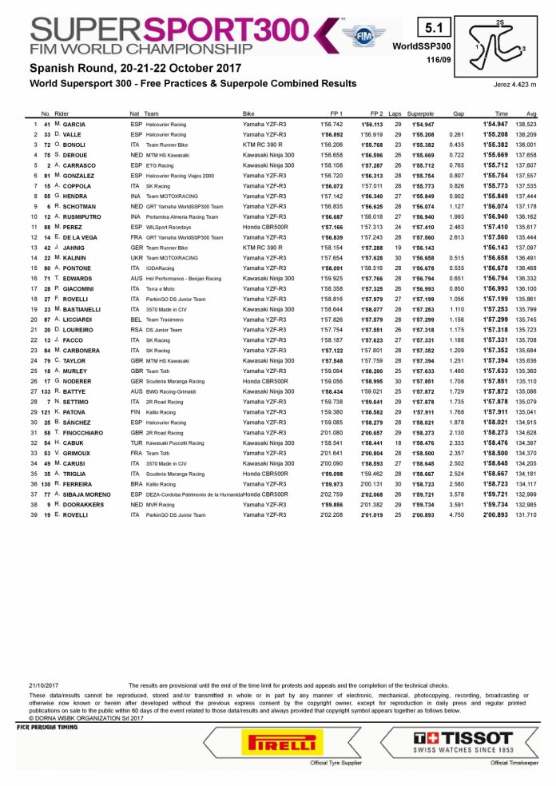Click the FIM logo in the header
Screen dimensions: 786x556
[358, 37]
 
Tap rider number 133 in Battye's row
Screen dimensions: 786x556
[46, 391]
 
